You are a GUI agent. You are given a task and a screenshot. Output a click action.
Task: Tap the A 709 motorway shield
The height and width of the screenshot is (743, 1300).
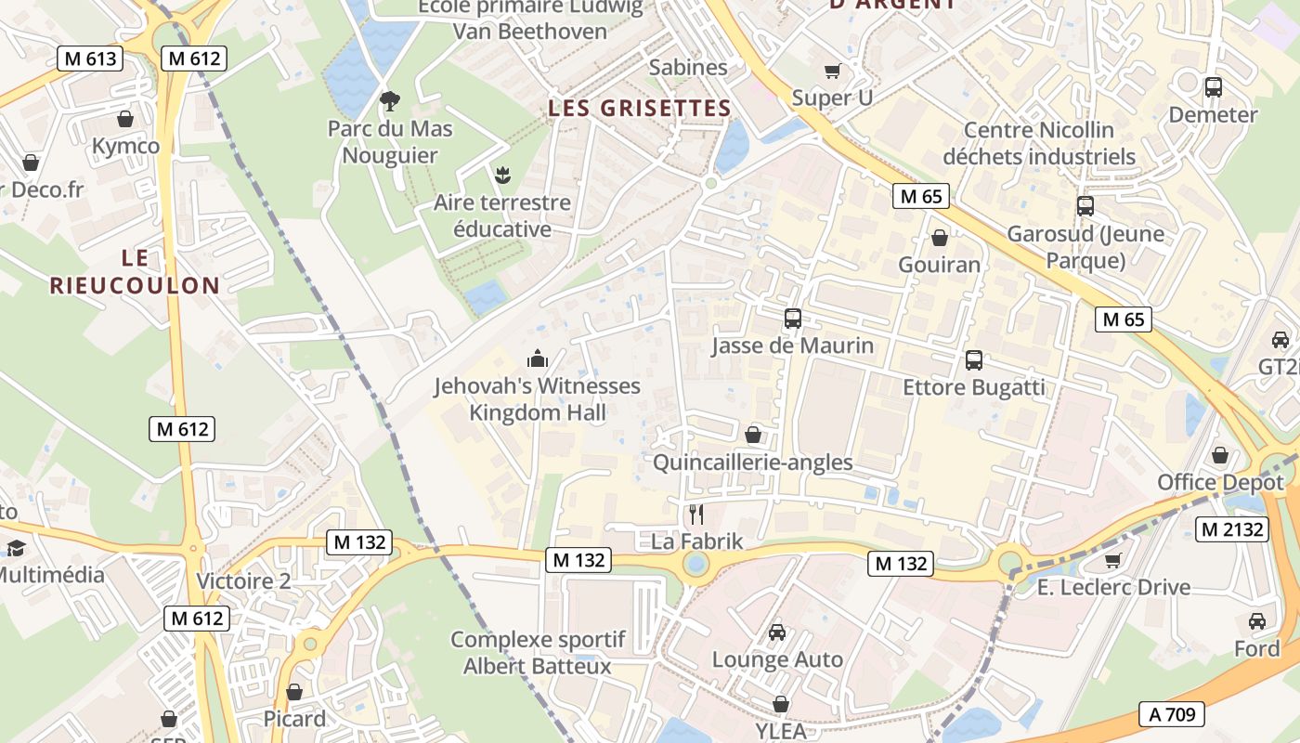pyautogui.click(x=1172, y=713)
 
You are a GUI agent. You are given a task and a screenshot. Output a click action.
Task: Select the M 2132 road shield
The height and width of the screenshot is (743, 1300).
pyautogui.click(x=1232, y=529)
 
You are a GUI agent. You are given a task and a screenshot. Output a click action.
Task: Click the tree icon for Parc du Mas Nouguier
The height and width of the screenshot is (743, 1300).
pyautogui.click(x=390, y=99)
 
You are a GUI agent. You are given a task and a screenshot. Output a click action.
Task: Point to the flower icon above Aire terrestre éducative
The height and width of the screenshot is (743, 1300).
pyautogui.click(x=502, y=174)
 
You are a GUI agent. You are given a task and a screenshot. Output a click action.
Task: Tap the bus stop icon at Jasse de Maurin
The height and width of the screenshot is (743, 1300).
pyautogui.click(x=792, y=319)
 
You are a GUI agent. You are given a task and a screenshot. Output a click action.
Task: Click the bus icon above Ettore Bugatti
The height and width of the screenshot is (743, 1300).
pyautogui.click(x=973, y=360)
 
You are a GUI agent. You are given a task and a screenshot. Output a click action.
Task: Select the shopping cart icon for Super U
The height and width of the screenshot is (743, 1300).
pyautogui.click(x=832, y=71)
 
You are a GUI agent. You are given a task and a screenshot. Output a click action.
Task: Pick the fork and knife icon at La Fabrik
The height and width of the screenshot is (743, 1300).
pyautogui.click(x=695, y=514)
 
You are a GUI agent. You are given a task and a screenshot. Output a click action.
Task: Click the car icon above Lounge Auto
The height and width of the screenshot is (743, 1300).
pyautogui.click(x=777, y=632)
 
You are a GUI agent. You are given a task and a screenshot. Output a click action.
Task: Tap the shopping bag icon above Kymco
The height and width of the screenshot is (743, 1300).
pyautogui.click(x=125, y=119)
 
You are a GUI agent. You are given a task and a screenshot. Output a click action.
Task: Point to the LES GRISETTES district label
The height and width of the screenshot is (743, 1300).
pyautogui.click(x=640, y=109)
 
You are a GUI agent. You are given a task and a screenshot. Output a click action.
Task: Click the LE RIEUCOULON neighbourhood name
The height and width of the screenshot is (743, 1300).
pyautogui.click(x=135, y=271)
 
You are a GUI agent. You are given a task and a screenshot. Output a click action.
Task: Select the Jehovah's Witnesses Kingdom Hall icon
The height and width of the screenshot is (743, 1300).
pyautogui.click(x=538, y=358)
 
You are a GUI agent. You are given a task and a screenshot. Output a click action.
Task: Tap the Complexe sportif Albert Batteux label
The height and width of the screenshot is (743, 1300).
pyautogui.click(x=538, y=653)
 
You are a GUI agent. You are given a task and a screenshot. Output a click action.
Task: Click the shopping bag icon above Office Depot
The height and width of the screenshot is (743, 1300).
pyautogui.click(x=1219, y=455)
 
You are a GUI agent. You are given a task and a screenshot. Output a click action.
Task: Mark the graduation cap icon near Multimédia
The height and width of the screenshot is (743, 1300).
pyautogui.click(x=16, y=548)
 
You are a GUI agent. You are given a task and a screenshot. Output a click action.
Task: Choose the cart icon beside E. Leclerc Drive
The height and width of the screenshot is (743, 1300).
pyautogui.click(x=1113, y=560)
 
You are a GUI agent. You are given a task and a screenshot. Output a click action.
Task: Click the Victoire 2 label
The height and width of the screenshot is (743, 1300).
pyautogui.click(x=243, y=581)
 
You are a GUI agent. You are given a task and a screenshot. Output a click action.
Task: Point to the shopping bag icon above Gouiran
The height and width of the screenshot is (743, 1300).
pyautogui.click(x=939, y=238)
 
